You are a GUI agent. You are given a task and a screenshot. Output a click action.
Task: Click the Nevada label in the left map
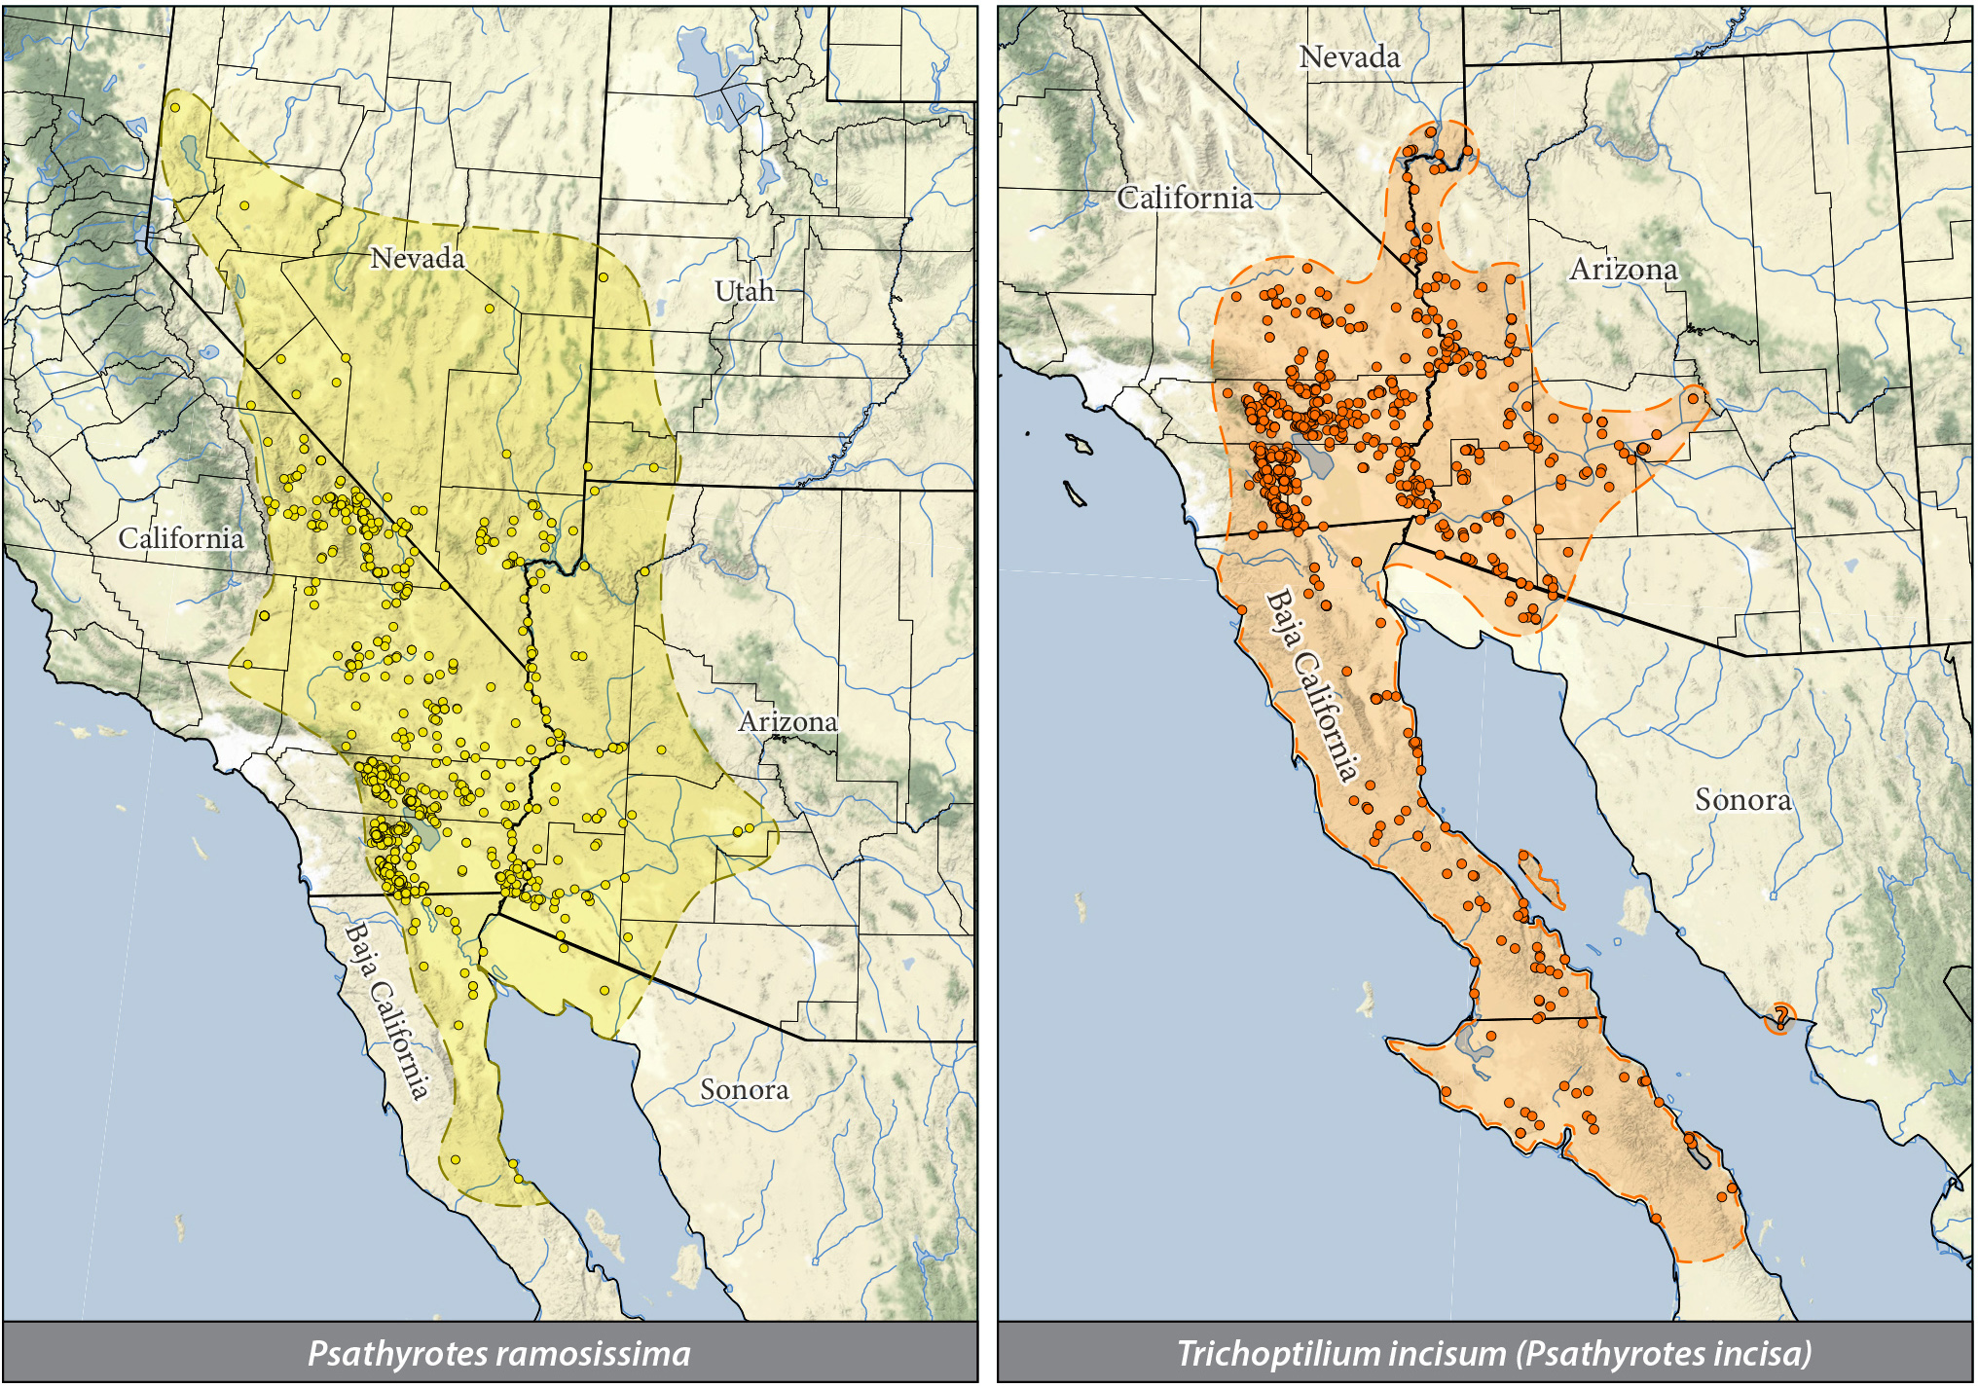pos(418,259)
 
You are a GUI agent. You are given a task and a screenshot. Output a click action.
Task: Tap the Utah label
pos(744,291)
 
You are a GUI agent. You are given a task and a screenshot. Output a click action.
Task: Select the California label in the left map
pos(181,538)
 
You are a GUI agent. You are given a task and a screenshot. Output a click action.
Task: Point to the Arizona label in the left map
pos(788,722)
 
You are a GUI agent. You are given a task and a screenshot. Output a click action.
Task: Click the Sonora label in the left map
pos(744,1089)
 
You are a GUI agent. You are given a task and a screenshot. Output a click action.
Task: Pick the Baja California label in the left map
pos(386,1011)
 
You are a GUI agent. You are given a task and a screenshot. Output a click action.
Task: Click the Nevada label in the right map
pos(1349,57)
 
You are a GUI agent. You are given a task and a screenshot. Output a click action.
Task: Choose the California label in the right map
pos(1185,199)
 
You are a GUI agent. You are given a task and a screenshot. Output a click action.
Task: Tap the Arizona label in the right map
pos(1624,270)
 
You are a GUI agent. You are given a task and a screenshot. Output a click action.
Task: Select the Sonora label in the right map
pos(1742,800)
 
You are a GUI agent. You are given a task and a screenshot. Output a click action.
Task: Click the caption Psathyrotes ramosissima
pos(498,1354)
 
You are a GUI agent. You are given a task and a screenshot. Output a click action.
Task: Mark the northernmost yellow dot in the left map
pos(175,108)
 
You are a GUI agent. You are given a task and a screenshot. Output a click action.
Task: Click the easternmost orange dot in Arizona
pos(1694,398)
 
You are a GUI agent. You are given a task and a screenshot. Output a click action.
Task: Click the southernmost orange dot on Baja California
pos(1656,1219)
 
